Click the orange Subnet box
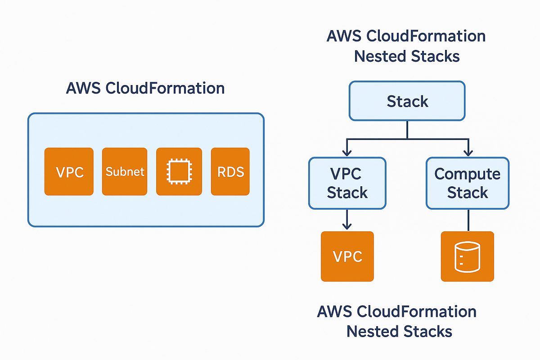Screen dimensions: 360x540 coord(125,171)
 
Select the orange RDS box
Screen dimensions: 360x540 coord(230,171)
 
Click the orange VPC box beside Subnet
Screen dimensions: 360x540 coord(69,171)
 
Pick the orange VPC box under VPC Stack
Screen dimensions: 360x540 coord(347,256)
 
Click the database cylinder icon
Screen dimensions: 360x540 coord(468,256)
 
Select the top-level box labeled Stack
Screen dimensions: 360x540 coord(407,101)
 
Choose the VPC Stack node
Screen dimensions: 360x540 coord(347,183)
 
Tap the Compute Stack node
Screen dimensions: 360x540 coord(468,183)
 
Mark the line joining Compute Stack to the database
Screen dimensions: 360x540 coord(468,220)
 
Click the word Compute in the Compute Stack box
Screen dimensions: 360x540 coord(468,174)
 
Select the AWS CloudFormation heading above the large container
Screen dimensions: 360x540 coord(145,88)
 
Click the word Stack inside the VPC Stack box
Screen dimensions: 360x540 coord(347,193)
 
